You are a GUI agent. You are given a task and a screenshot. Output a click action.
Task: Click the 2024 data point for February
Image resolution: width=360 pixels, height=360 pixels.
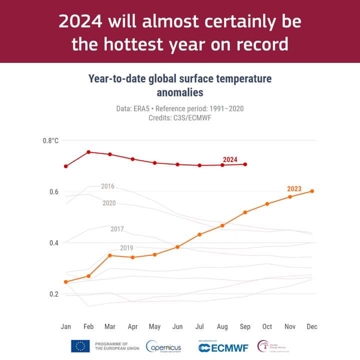tap(88, 152)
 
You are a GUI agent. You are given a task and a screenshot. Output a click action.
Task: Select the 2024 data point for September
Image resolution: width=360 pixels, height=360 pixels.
tap(245, 164)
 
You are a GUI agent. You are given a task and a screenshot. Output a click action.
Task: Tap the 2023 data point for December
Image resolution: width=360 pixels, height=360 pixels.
tap(312, 191)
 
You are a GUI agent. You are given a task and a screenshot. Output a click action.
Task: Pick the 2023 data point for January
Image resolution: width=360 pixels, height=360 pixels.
tap(66, 282)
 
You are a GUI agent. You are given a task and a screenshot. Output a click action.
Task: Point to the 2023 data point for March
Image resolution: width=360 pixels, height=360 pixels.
tap(110, 255)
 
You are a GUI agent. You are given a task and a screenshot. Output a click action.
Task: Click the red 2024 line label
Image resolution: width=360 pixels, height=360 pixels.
tap(230, 159)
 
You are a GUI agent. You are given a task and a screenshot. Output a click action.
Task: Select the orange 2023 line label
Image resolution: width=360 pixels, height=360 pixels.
tap(294, 188)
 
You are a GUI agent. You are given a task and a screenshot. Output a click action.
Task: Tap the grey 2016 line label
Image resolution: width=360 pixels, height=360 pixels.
tap(107, 186)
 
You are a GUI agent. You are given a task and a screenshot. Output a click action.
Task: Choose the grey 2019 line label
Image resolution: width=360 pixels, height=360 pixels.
tap(126, 248)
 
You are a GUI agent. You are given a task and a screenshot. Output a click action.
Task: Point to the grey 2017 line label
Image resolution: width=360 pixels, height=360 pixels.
tap(117, 229)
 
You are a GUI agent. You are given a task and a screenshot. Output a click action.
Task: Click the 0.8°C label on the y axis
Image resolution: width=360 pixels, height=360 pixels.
tap(50, 140)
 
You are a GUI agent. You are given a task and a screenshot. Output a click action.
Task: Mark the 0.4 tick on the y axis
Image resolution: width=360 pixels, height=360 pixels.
tap(53, 242)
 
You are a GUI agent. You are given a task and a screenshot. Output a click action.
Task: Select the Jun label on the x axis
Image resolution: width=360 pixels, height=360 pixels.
tap(177, 326)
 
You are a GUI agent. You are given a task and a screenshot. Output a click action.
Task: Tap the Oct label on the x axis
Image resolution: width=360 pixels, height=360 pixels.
tap(267, 326)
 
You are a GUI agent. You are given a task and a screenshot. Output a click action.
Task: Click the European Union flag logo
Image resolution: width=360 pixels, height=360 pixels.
tap(80, 346)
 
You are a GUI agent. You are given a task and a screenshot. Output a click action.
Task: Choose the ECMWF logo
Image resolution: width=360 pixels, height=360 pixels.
tap(223, 347)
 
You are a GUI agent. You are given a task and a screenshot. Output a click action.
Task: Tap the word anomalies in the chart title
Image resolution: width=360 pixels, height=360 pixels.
tap(180, 92)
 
